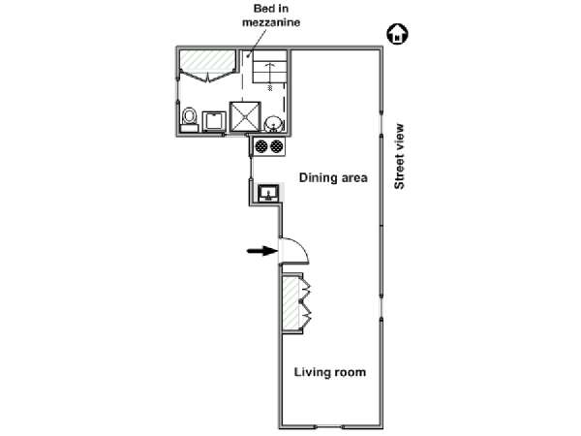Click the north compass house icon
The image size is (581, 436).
tap(398, 34)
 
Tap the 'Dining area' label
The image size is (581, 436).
tap(333, 177)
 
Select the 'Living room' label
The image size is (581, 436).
tap(330, 372)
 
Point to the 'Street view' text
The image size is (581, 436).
tap(399, 156)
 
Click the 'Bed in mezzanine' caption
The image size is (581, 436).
tap(271, 16)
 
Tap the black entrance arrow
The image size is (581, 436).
tap(262, 251)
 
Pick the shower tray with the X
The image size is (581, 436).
tap(245, 116)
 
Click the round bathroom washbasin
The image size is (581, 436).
tap(273, 123)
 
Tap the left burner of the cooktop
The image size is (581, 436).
tap(261, 146)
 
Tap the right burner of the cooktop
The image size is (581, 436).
tap(276, 146)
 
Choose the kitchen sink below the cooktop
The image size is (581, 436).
tap(269, 193)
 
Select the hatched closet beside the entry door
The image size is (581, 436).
tap(291, 303)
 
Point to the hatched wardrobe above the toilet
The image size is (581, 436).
tap(207, 61)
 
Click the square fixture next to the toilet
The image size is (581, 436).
tap(214, 121)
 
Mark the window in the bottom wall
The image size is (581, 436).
tap(329, 426)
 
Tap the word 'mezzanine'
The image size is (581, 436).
tap(271, 22)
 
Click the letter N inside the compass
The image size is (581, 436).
tap(397, 37)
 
